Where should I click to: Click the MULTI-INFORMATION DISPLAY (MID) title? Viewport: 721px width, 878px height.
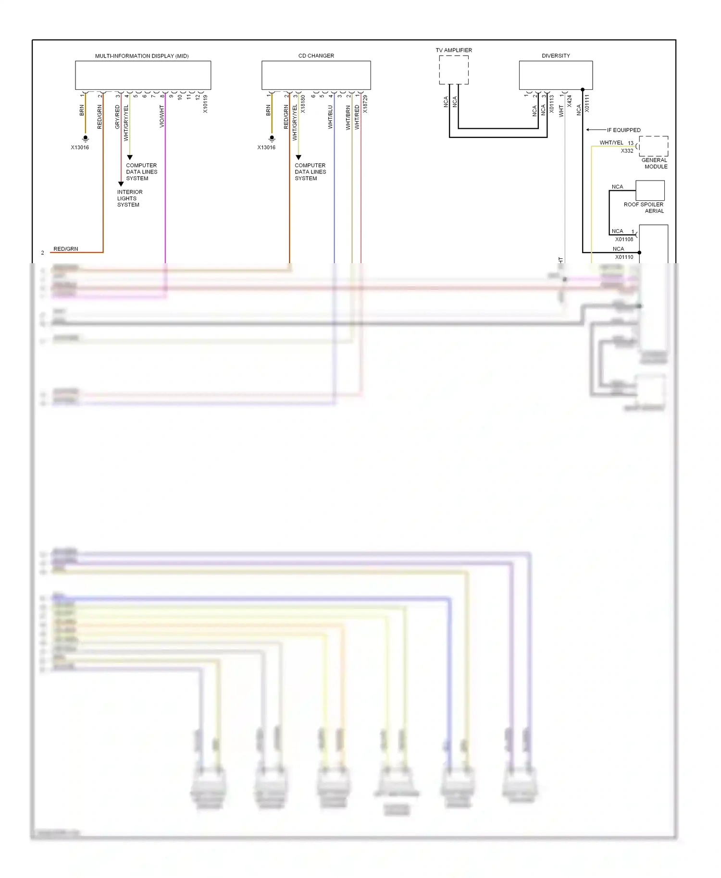coord(142,56)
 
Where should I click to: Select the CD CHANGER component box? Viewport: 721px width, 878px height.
coord(316,75)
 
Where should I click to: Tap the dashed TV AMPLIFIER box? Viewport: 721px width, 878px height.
coord(453,70)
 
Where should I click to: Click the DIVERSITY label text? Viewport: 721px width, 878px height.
coord(556,56)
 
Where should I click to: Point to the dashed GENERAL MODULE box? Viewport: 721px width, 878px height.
coord(653,146)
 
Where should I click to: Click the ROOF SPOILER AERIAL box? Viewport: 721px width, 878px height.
coord(650,190)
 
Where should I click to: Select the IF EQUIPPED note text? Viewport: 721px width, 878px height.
coord(623,130)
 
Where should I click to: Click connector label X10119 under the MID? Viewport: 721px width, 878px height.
coord(205,104)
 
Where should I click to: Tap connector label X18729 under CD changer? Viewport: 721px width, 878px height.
coord(365,104)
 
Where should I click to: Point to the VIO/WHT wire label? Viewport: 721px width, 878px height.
coord(162,117)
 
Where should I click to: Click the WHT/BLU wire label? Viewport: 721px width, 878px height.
coord(330,117)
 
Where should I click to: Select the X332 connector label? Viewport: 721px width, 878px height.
coord(627,151)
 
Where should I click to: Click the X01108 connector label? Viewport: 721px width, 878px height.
coord(624,239)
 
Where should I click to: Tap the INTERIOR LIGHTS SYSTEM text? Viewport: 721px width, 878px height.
coord(129,198)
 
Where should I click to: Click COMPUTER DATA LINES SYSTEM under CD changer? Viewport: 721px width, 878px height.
coord(310,171)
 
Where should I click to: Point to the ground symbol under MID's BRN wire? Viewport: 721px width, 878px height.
coord(85,138)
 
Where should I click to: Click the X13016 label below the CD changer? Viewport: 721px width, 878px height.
coord(266,147)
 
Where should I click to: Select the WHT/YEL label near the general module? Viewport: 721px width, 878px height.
coord(611,143)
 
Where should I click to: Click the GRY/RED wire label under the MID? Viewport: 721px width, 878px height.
coord(117,117)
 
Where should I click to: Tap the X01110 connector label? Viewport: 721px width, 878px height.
coord(624,257)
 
